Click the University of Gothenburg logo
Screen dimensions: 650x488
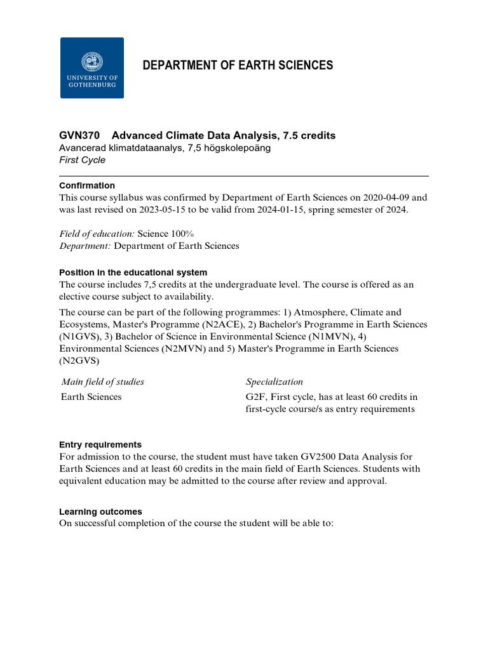92,68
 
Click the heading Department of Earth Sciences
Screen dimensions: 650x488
238,65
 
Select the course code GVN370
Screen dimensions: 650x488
79,135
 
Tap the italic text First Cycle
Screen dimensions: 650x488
82,160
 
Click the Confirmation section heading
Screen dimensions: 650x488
87,185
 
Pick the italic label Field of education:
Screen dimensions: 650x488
93,234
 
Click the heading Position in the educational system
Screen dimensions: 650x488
133,272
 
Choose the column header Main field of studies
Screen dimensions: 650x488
103,381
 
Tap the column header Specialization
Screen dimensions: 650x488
274,381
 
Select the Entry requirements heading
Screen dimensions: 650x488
100,444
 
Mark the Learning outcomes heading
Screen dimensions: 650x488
100,512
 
